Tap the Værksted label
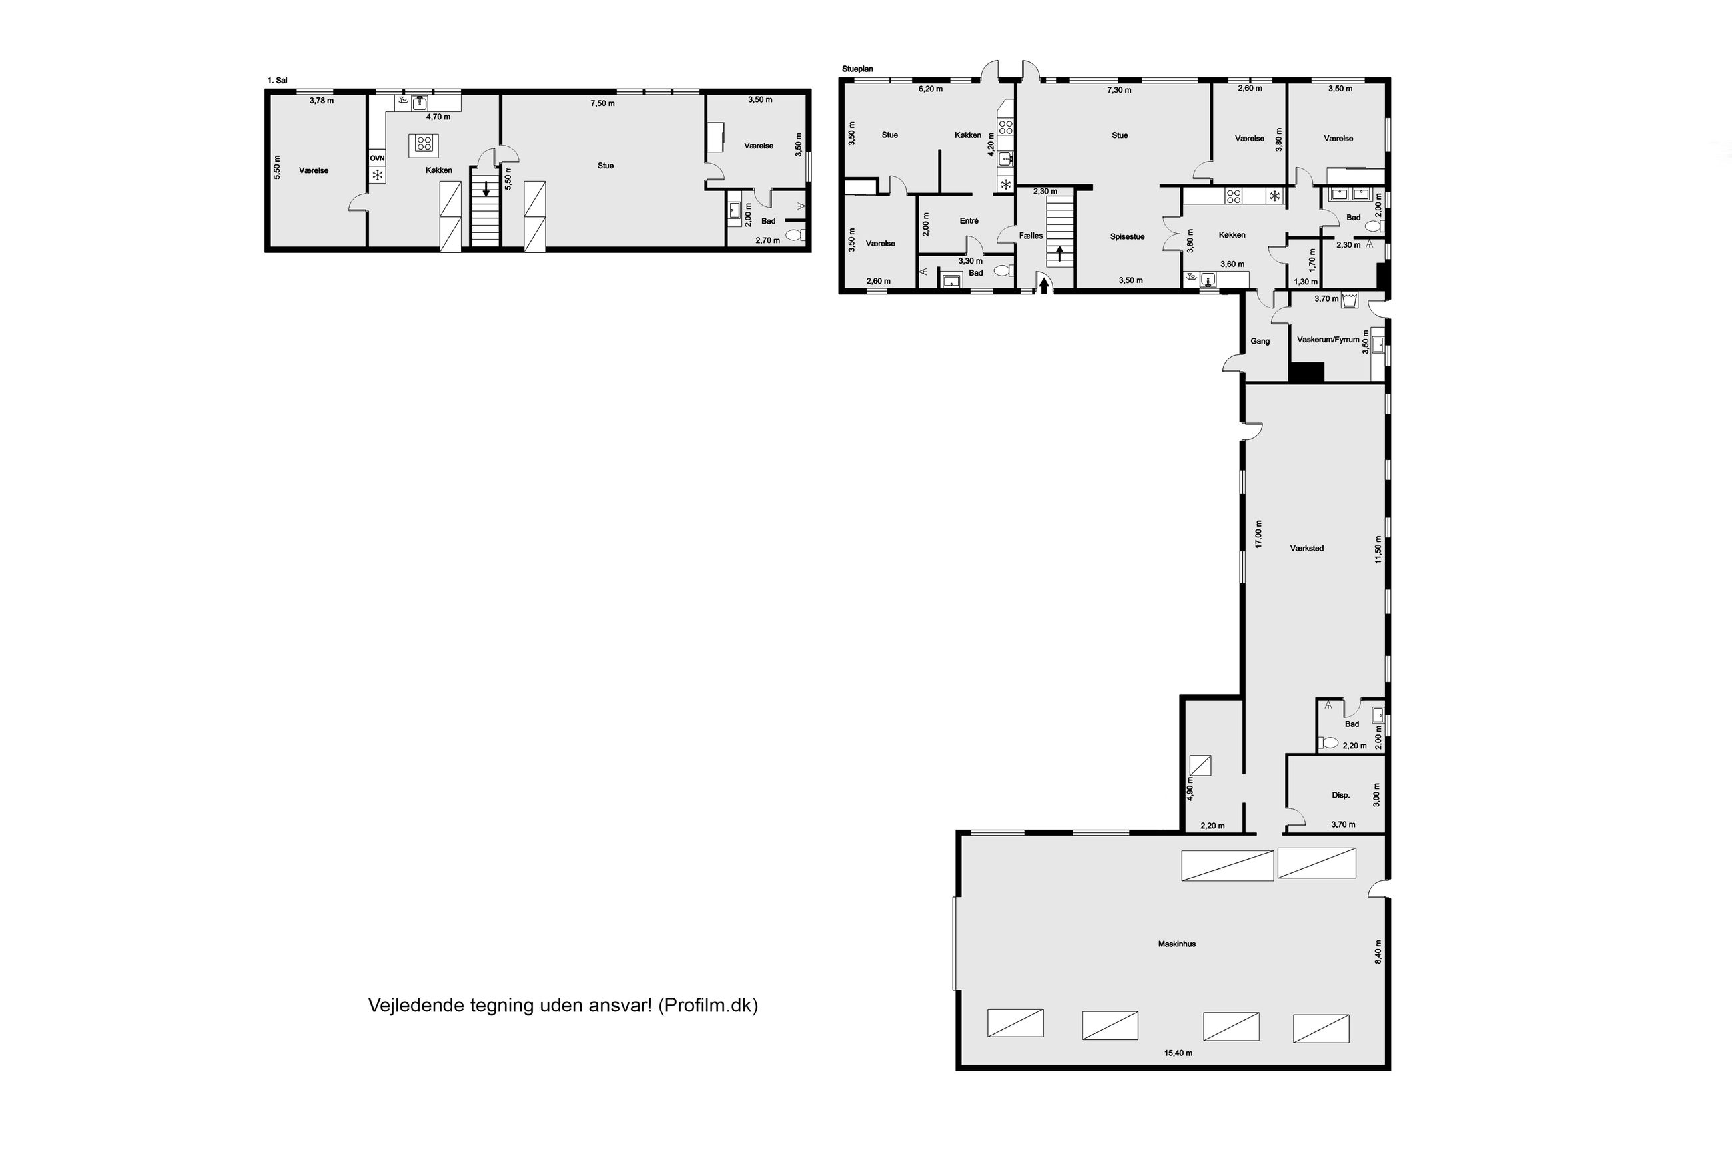[1307, 548]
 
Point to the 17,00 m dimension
[1259, 533]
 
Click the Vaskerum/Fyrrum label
[1328, 340]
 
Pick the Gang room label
[1260, 341]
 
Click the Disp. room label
[1341, 796]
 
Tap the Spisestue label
[1128, 237]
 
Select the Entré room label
[969, 221]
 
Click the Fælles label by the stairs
[1031, 236]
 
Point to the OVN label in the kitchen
[377, 158]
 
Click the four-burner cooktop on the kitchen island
[424, 143]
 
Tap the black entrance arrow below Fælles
[1043, 285]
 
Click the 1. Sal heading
[278, 80]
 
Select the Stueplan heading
[857, 69]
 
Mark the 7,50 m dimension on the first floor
[602, 103]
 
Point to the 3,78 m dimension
[321, 101]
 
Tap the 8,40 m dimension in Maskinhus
[1378, 952]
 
